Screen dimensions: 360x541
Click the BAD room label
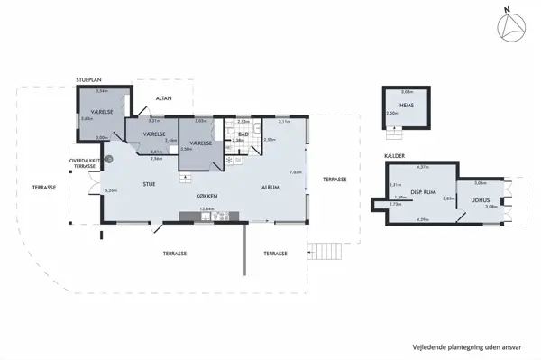pyautogui.click(x=243, y=134)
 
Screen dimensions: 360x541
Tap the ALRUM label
pyautogui.click(x=269, y=188)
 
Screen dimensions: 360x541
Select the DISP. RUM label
pyautogui.click(x=423, y=191)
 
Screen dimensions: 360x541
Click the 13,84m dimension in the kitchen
pyautogui.click(x=206, y=209)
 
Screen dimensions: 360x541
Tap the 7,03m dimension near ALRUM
pyautogui.click(x=296, y=172)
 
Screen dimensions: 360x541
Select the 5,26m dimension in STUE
pyautogui.click(x=112, y=191)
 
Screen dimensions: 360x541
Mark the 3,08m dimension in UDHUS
pyautogui.click(x=491, y=207)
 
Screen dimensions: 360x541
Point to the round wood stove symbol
pyautogui.click(x=108, y=157)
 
